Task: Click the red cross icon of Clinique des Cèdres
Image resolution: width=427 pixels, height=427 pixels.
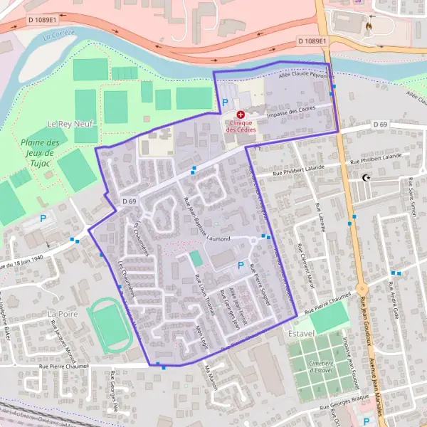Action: (241, 114)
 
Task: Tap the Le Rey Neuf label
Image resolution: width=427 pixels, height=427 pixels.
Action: (66, 124)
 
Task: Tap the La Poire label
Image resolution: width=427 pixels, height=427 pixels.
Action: (61, 313)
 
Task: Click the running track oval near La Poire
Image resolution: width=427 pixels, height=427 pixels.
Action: (108, 325)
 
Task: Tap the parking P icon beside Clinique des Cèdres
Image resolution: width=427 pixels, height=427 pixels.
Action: (226, 103)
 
